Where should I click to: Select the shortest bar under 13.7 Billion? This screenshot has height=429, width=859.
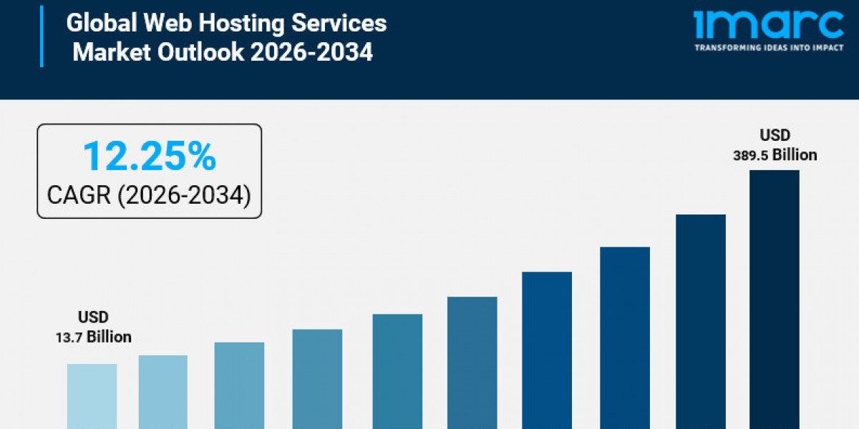click(92, 396)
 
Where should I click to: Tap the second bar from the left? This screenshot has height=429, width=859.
click(163, 392)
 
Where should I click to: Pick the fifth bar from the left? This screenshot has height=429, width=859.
click(397, 371)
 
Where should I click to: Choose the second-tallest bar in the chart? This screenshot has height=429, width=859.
click(701, 321)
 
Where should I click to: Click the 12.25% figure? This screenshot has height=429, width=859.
click(149, 156)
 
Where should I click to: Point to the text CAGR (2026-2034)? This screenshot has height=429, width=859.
click(149, 194)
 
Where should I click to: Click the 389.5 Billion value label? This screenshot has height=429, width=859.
click(775, 154)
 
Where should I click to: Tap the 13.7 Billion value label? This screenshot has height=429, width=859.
click(94, 337)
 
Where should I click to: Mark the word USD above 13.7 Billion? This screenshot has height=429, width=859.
click(94, 317)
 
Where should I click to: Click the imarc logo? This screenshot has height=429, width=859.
click(769, 24)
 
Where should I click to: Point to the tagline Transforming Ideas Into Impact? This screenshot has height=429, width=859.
click(769, 48)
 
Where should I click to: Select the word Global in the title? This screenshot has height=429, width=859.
click(101, 23)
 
